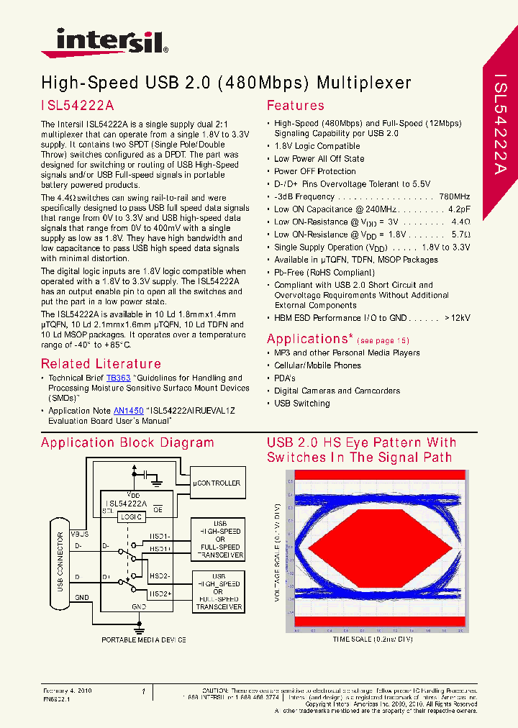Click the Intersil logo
coord(104,42)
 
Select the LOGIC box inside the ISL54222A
coord(132,517)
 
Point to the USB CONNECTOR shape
coord(61,568)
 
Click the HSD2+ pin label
coord(160,593)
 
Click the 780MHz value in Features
coord(454,196)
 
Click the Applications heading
coord(309,339)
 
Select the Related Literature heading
coord(101,364)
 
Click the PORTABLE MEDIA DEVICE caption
coord(144,640)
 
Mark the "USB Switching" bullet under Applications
coord(301,404)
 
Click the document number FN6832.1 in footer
coord(56,699)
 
